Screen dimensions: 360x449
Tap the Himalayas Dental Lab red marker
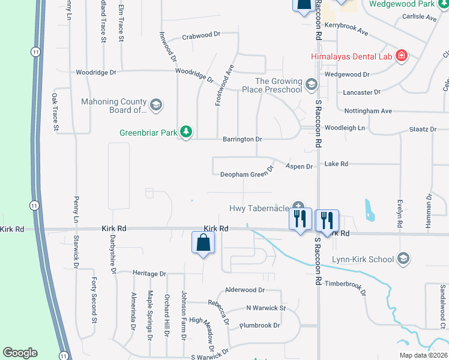[x=401, y=57]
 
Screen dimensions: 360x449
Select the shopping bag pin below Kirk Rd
[x=203, y=244]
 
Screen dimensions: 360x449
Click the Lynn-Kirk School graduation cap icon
[x=403, y=259]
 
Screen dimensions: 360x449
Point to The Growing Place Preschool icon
[x=311, y=84]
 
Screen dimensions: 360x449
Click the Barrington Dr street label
[x=243, y=139]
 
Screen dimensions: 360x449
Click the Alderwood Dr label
[x=245, y=290]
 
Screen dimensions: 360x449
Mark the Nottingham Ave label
[x=368, y=111]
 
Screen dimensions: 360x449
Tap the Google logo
[x=20, y=353]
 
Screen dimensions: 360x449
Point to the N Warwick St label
[x=266, y=308]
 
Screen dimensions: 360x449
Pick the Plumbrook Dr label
[x=260, y=325]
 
